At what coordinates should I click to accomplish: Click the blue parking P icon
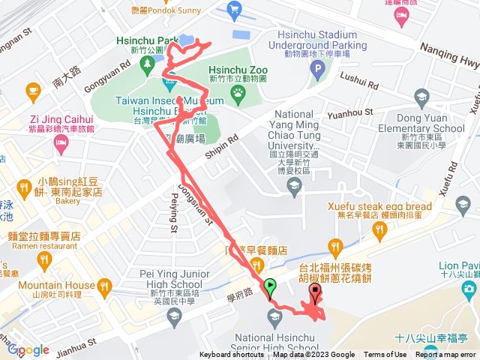coord(317,72)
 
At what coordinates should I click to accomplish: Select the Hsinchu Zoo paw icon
coord(238,93)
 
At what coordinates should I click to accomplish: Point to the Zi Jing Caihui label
coord(61,118)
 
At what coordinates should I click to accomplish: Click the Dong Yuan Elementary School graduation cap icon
coord(423,97)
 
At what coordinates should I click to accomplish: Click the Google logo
coord(28,349)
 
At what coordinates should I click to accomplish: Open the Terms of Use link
coord(385,355)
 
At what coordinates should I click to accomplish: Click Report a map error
coord(447,355)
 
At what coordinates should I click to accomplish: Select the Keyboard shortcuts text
coord(232,355)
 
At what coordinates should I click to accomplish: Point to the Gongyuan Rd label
coord(105,76)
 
